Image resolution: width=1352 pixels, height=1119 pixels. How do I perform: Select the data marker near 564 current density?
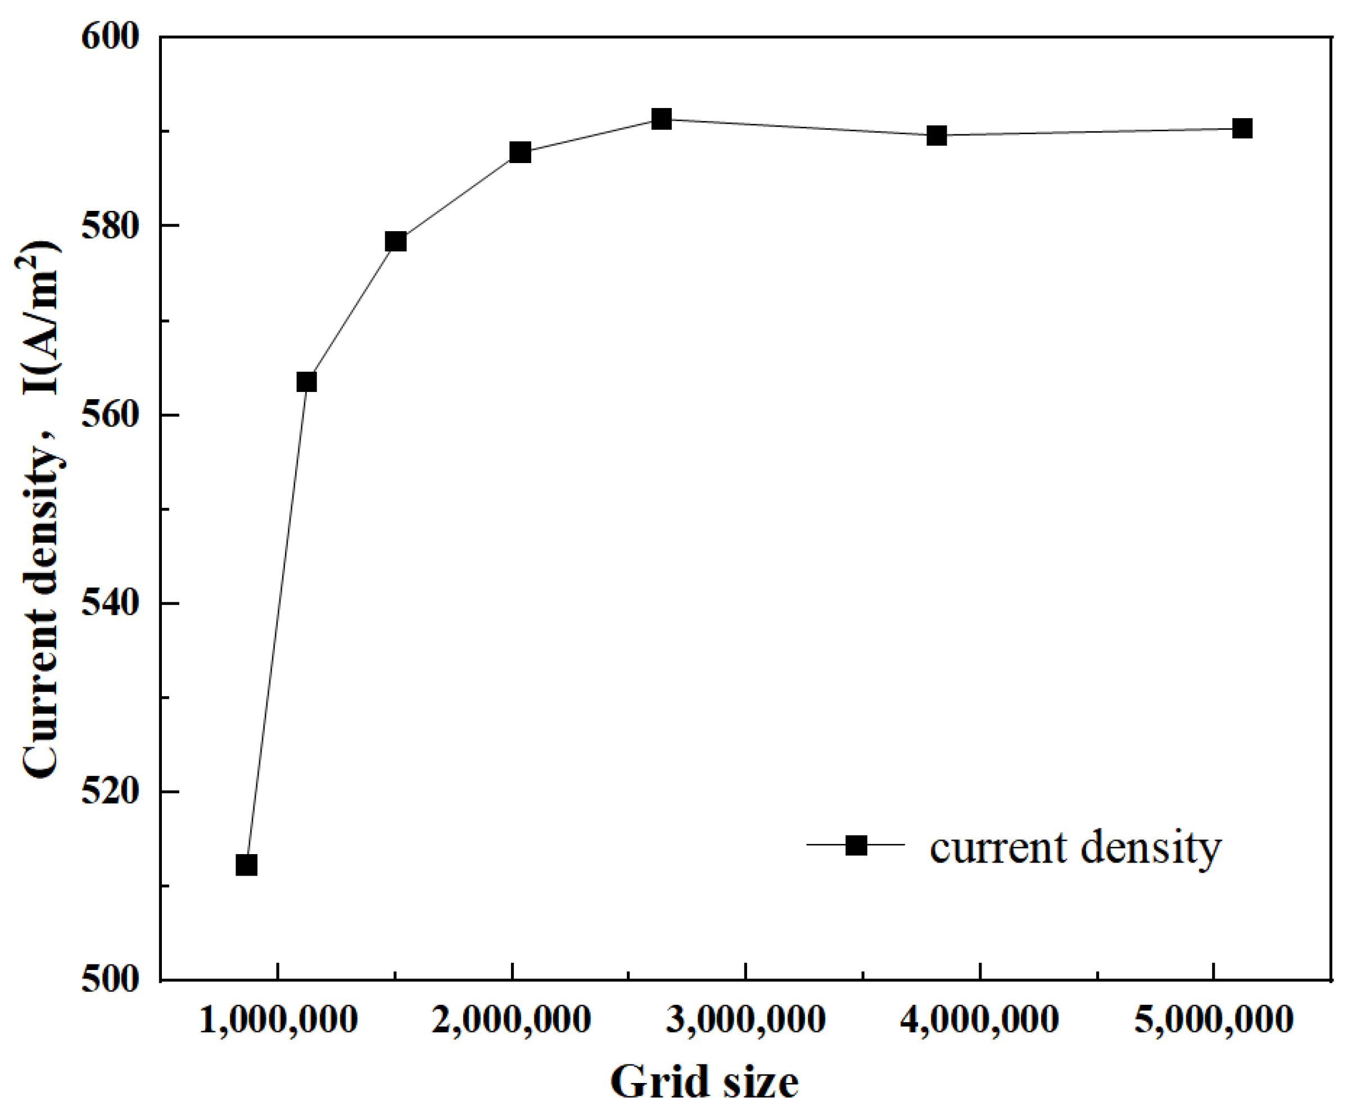click(306, 382)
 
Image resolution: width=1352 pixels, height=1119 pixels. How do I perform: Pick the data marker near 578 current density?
click(396, 241)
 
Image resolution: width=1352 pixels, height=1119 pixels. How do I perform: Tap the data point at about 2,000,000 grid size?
click(520, 152)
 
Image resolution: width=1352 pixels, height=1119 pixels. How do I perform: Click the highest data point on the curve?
click(661, 119)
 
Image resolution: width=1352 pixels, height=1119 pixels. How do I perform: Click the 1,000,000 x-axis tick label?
click(278, 1020)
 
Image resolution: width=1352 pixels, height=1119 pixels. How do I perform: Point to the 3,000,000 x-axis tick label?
click(745, 1020)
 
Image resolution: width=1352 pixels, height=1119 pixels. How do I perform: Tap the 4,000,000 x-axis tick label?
click(979, 1020)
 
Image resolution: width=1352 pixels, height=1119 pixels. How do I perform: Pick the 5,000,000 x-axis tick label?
click(1214, 1020)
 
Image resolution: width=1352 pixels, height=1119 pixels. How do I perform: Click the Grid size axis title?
click(704, 1083)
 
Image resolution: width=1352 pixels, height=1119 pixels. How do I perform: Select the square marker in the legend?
click(856, 845)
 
